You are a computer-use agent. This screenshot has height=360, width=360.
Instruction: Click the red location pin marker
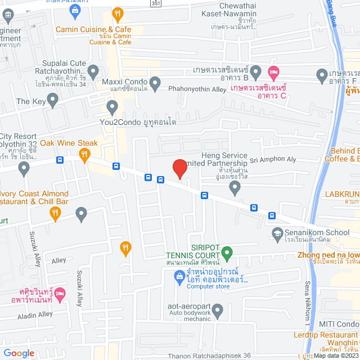pyautogui.click(x=179, y=168)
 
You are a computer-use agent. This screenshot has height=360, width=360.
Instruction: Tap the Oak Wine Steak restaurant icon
pyautogui.click(x=84, y=155)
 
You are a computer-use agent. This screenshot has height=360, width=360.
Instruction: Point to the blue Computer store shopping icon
pyautogui.click(x=179, y=276)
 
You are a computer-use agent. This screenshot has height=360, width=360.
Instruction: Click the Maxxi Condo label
pyautogui.click(x=124, y=82)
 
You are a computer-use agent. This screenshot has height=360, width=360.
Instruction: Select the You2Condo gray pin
pyautogui.click(x=112, y=106)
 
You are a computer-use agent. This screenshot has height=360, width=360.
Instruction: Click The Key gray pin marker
pyautogui.click(x=53, y=101)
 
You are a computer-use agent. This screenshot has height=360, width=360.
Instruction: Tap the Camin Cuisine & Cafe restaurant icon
pyautogui.click(x=118, y=13)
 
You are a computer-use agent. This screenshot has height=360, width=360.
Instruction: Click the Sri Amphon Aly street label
pyautogui.click(x=273, y=160)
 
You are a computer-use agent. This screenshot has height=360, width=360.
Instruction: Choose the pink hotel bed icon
pyautogui.click(x=273, y=72)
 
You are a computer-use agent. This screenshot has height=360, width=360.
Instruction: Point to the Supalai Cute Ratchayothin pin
pyautogui.click(x=93, y=71)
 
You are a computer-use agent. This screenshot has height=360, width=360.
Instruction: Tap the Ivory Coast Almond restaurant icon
pyautogui.click(x=55, y=213)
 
